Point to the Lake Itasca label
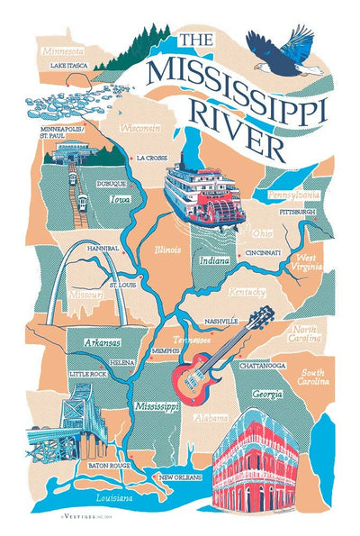click(70, 66)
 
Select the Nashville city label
click(220, 321)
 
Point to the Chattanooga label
click(262, 367)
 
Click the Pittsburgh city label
click(297, 212)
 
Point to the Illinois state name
click(167, 250)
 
